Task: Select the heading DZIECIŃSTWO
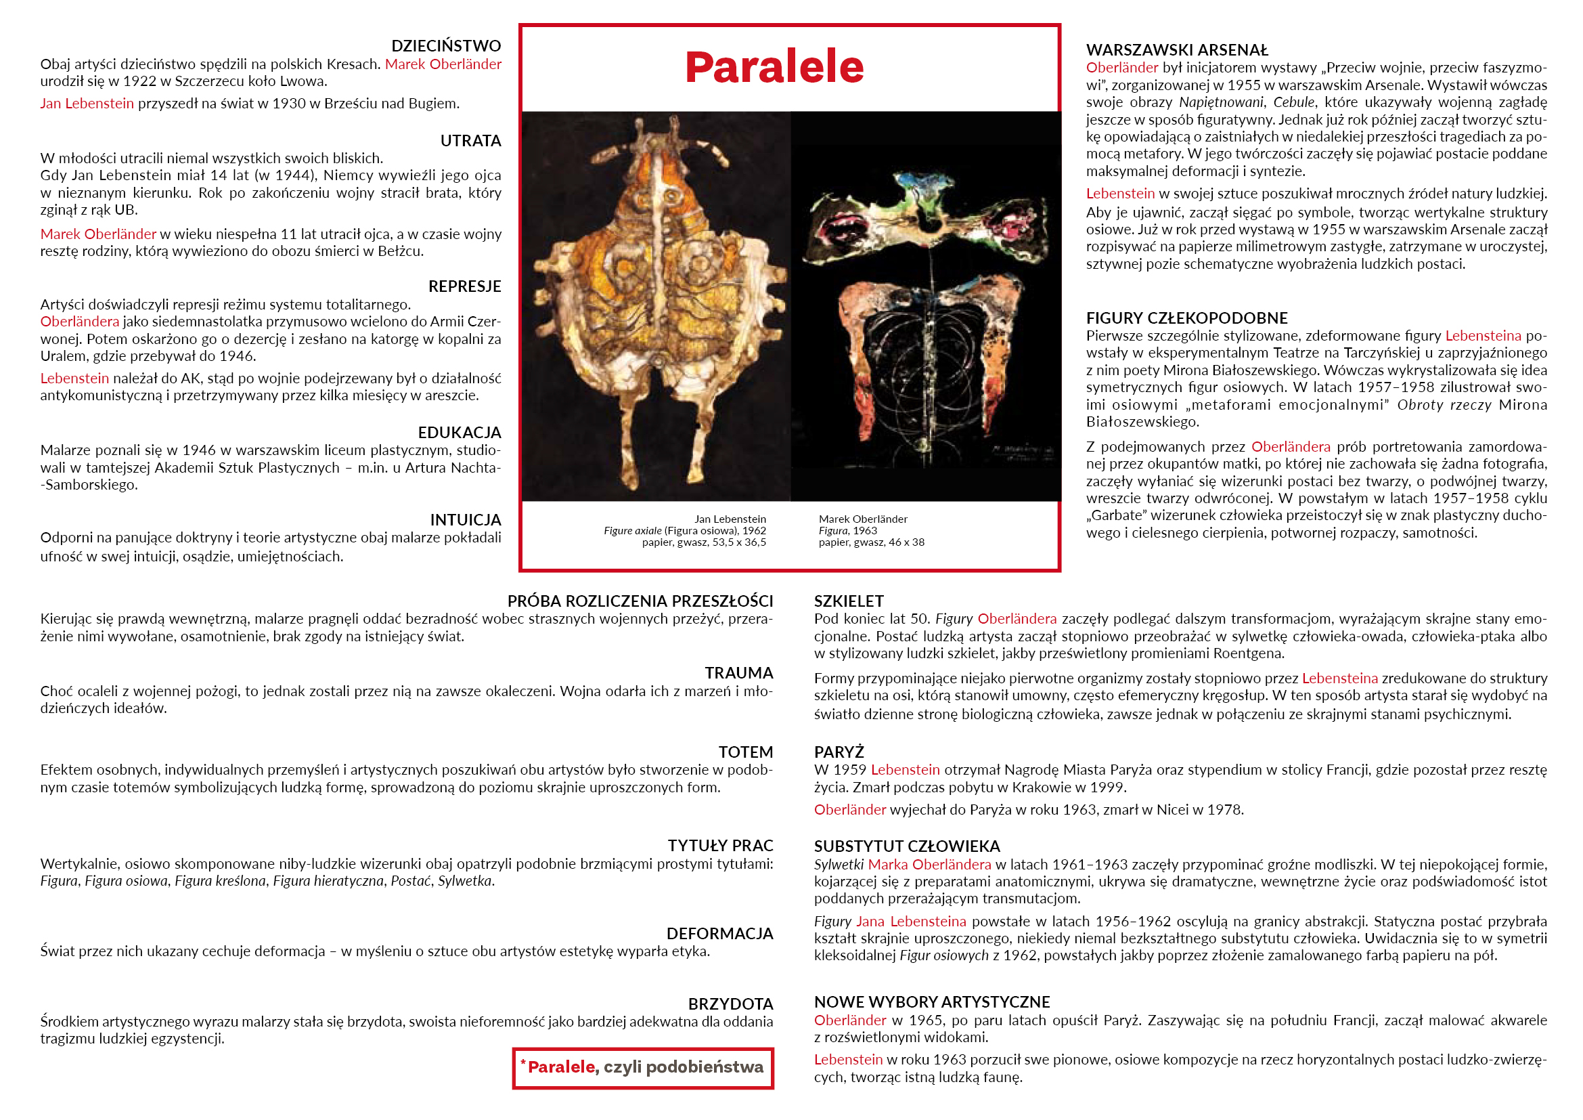click(445, 46)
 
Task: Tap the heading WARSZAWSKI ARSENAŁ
click(1177, 50)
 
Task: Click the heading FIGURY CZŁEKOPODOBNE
click(1186, 318)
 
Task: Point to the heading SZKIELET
click(848, 601)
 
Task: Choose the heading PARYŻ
click(839, 752)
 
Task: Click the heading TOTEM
click(745, 752)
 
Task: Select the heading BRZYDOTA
click(730, 1004)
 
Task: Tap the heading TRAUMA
click(738, 672)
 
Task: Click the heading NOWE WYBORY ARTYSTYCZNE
click(931, 1001)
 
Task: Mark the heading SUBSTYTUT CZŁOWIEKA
click(907, 846)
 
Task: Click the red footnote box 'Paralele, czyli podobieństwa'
click(642, 1068)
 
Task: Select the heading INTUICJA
click(466, 520)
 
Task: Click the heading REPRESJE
click(464, 286)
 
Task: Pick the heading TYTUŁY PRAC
click(720, 846)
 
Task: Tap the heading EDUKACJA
click(459, 433)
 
